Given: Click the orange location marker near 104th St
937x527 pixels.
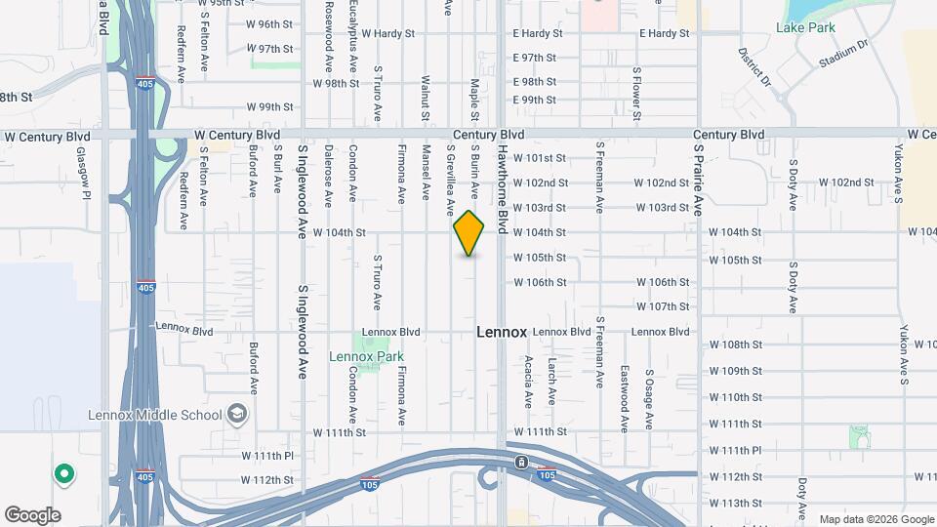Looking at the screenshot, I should pos(469,233).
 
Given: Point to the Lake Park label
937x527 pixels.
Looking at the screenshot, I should pos(805,27).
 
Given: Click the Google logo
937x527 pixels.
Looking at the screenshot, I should pos(32,514).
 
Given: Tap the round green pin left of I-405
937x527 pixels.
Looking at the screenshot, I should pos(64,474).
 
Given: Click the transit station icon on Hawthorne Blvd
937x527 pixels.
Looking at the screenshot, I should pos(522,462).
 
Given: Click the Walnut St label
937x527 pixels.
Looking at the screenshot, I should pos(426,98).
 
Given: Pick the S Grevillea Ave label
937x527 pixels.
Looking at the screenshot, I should pos(451,180).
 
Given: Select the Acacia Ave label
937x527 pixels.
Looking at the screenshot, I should pos(528,382).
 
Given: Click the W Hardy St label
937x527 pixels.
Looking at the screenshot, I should pos(388,33).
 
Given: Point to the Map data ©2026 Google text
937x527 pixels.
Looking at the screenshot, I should pos(876,519).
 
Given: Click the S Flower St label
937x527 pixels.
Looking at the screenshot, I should pos(636,95).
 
